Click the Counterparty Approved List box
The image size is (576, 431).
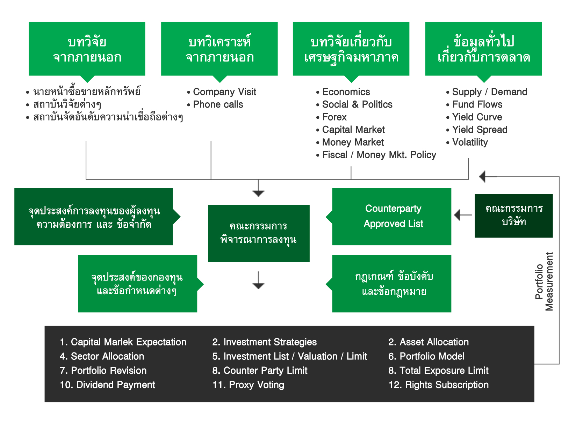coord(391,217)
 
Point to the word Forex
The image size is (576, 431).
coord(334,117)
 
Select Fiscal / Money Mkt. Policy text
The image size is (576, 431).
coord(379,155)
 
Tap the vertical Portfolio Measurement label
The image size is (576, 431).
coord(544,282)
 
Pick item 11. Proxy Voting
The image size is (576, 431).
coord(248,385)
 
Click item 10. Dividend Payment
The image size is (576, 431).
coord(108,385)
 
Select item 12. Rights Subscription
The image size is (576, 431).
coord(439,385)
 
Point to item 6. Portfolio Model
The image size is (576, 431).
coord(426,356)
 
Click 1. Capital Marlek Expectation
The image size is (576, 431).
coord(123,342)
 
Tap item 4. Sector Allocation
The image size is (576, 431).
coord(102,356)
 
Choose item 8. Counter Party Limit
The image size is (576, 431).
coord(260,371)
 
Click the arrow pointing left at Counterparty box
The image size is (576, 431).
coord(463,215)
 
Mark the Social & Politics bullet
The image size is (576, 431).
coord(357,104)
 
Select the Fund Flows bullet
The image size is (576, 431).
coord(477,104)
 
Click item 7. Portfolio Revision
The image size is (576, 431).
coord(103,371)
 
